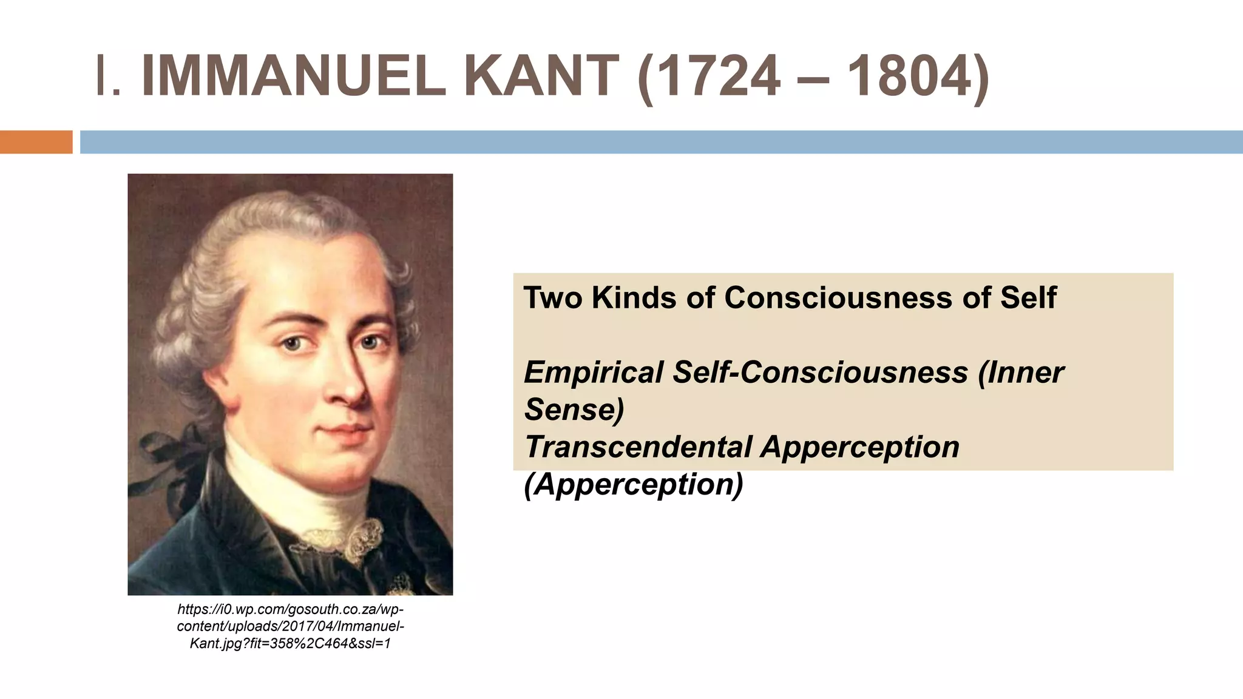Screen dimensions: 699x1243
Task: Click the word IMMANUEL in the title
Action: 294,76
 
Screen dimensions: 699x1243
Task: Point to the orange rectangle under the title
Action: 36,142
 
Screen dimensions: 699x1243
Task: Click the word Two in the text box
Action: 553,298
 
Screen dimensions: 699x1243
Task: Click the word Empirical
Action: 593,373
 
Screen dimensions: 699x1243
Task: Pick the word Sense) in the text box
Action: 574,410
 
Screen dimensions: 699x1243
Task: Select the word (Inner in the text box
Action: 1021,373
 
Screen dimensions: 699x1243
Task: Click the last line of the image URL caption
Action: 290,643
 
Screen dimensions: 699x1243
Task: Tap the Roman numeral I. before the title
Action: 108,76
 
